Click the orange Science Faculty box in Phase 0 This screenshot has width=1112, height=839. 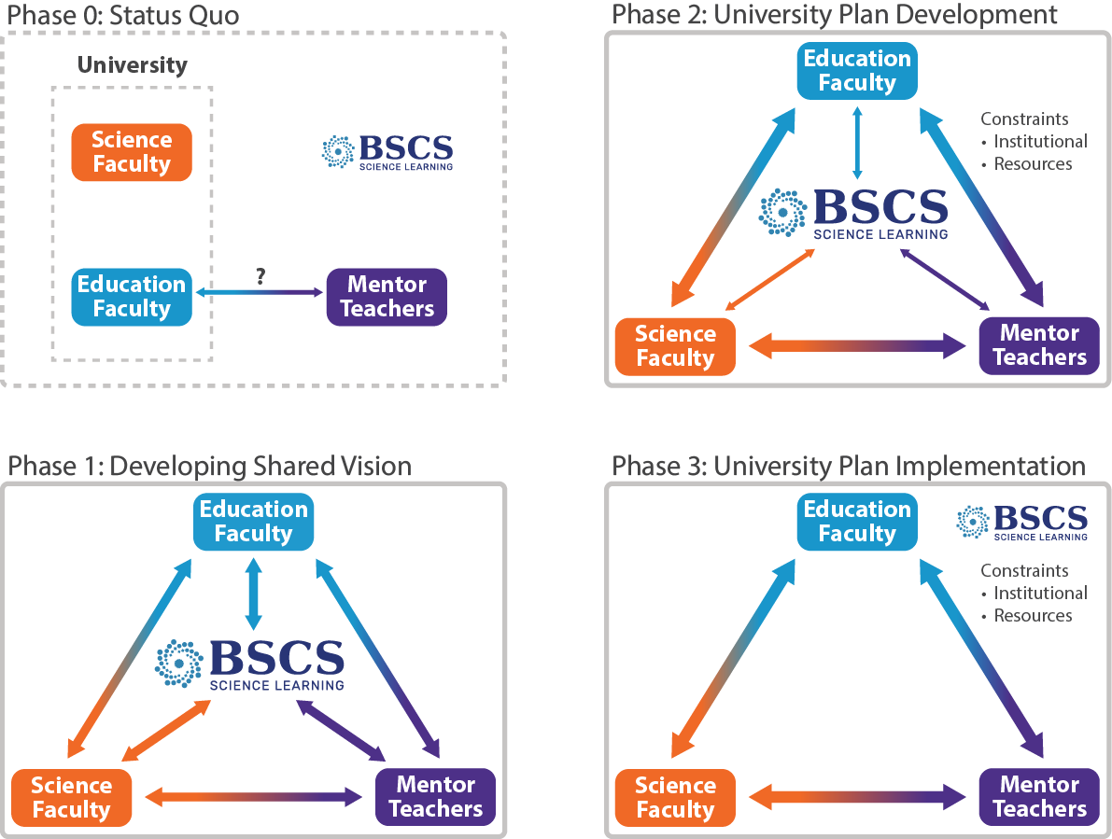point(132,152)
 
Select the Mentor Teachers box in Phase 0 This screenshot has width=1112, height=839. point(387,297)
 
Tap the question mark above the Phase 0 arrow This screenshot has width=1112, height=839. point(260,276)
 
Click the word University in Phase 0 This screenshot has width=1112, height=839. point(132,65)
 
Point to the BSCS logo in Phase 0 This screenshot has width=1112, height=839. point(387,152)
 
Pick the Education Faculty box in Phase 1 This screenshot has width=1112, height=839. point(253,522)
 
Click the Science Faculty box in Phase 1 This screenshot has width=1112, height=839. point(72,797)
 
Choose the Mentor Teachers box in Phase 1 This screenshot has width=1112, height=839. point(435,797)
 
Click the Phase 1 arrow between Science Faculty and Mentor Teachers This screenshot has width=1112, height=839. point(253,798)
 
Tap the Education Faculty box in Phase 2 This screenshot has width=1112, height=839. point(857,71)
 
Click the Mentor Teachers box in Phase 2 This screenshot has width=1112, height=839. point(1039,345)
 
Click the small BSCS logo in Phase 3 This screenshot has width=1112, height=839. point(1022,522)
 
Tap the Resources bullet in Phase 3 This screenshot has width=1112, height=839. point(1032,616)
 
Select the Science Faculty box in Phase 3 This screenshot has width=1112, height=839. point(675,797)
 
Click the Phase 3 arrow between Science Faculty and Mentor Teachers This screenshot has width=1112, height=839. point(857,798)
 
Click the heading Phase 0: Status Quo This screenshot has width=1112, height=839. point(123,15)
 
